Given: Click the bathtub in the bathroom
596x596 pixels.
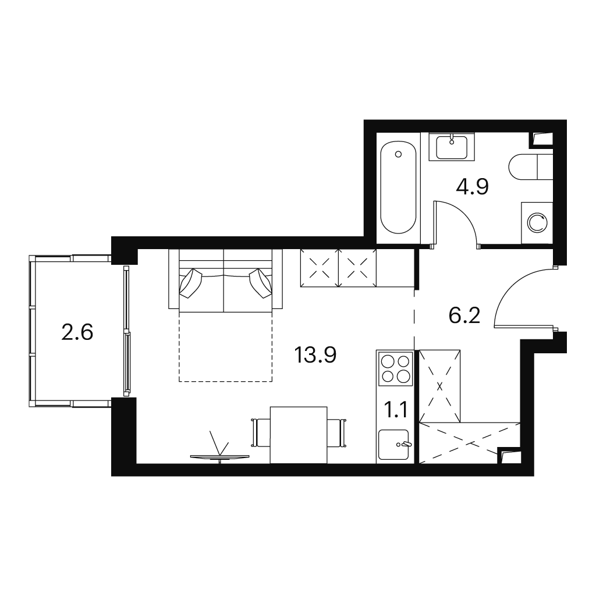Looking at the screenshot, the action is [x=398, y=187].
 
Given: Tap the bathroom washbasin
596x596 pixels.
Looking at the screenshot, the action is [x=452, y=147].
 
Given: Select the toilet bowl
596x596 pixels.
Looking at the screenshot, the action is [x=531, y=167].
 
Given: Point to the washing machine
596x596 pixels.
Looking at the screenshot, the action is [x=537, y=223].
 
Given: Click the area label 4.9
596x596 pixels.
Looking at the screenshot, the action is [x=473, y=187].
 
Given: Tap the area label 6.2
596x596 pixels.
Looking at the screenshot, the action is [x=464, y=315].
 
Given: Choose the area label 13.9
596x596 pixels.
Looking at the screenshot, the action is [x=315, y=356].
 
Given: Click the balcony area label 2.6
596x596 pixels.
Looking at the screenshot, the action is [x=77, y=332].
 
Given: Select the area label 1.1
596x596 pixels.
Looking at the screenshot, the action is [x=396, y=410].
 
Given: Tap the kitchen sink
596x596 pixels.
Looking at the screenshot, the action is [x=394, y=444].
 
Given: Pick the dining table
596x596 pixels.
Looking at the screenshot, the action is [x=299, y=435].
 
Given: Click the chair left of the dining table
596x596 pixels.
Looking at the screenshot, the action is [x=261, y=433].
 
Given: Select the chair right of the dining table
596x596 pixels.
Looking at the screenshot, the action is [x=336, y=433].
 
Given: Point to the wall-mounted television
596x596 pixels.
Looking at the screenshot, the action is [x=219, y=457].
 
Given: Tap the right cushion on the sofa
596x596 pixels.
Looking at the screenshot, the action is [x=261, y=283].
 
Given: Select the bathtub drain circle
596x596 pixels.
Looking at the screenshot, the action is [x=398, y=154].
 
